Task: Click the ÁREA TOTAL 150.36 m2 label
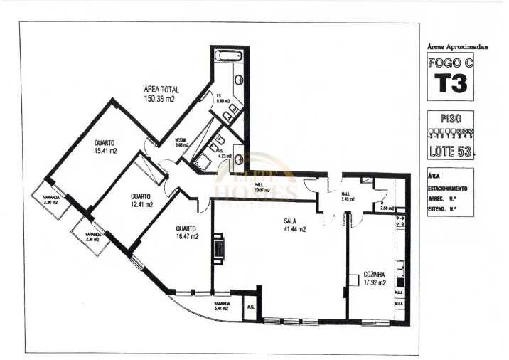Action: (162, 94)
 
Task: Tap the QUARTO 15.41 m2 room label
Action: (105, 147)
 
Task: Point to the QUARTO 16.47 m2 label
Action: (187, 233)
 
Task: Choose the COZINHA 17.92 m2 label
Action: (374, 278)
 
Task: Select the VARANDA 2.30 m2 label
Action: (49, 200)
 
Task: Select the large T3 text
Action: (451, 83)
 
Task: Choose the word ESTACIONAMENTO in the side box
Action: (447, 189)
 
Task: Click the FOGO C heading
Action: (451, 62)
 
